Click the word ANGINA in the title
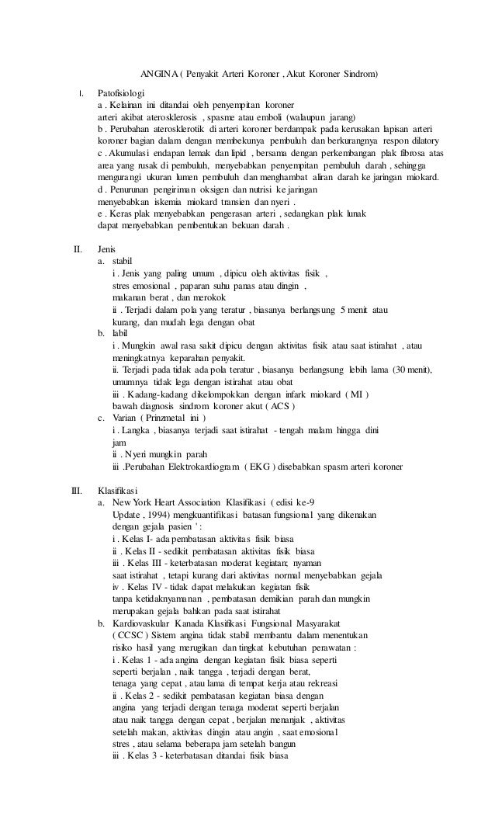[156, 75]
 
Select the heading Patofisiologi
[121, 92]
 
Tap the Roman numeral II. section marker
[78, 250]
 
